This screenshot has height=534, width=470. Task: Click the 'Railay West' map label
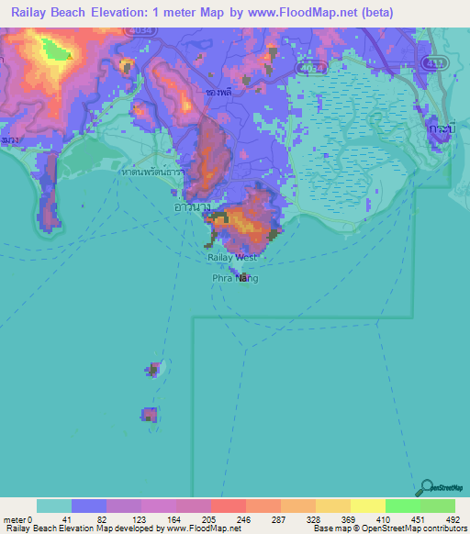click(231, 259)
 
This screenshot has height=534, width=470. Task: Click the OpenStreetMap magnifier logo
click(427, 487)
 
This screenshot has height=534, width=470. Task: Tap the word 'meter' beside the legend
click(15, 520)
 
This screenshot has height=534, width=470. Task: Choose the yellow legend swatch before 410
click(367, 506)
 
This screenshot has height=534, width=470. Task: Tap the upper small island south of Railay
click(153, 370)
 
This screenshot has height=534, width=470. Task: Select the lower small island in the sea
click(148, 415)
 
